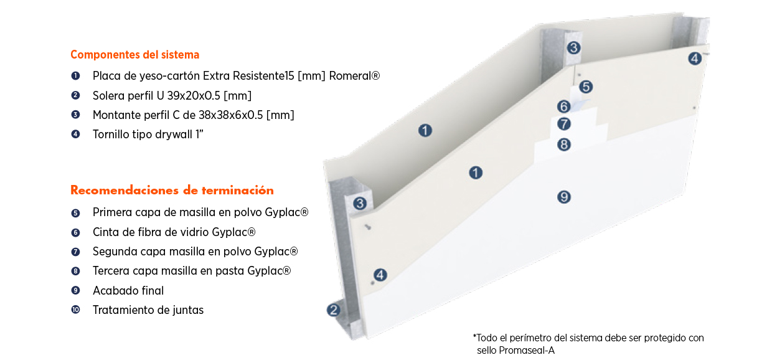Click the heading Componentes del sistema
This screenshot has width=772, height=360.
134,55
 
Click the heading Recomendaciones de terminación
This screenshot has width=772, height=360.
172,191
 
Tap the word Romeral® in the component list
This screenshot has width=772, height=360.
354,76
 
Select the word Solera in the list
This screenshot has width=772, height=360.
108,95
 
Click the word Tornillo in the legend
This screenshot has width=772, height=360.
112,134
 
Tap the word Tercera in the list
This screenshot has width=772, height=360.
112,271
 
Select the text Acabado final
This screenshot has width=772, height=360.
128,291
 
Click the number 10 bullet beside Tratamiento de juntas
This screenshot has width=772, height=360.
75,310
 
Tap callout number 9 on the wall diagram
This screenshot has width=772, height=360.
563,197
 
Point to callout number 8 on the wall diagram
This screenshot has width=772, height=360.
563,144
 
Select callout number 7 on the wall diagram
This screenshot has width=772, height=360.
563,124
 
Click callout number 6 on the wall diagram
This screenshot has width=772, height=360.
563,107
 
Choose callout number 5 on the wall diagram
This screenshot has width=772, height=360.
585,87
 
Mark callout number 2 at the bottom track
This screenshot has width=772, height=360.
334,310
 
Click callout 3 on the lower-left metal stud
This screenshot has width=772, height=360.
359,204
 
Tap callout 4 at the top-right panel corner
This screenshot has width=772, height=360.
694,59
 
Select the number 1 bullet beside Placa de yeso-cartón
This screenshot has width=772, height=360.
75,76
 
